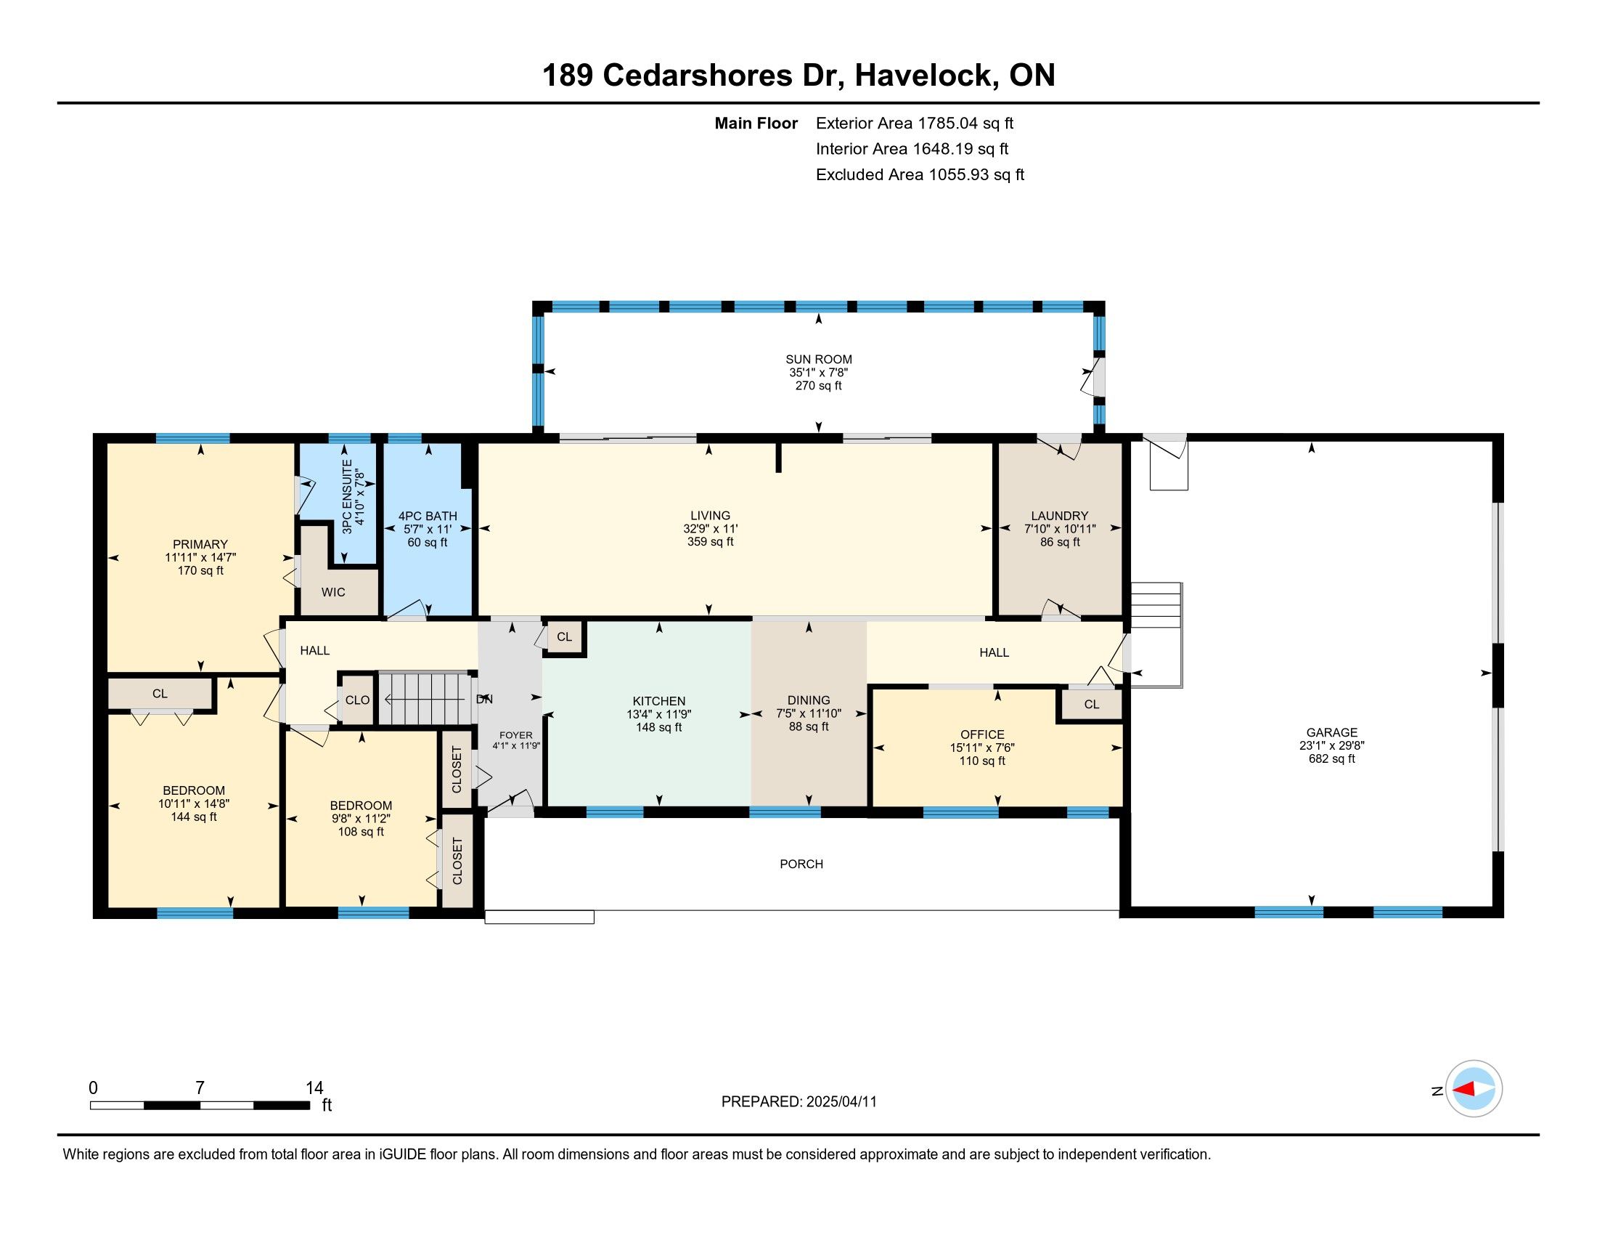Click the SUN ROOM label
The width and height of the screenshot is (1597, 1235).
tap(818, 359)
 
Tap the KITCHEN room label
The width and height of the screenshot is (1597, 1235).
tap(659, 701)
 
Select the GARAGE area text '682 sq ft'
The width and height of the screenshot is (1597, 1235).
tap(1331, 758)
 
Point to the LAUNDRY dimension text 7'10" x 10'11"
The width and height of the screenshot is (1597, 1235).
tap(1060, 529)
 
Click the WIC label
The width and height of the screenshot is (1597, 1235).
tap(333, 592)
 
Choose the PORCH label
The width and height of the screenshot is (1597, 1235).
tap(801, 864)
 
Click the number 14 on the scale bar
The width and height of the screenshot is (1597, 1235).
tap(314, 1088)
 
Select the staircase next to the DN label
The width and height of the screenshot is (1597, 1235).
tap(428, 699)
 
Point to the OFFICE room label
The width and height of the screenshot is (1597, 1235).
tap(982, 734)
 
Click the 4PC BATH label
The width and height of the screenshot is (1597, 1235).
tap(428, 516)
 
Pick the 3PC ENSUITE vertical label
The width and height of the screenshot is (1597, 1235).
tap(347, 496)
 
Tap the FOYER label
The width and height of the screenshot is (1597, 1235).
tap(515, 735)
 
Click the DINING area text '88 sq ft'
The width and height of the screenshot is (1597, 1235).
tap(809, 726)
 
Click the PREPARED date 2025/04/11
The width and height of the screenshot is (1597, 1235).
tap(841, 1102)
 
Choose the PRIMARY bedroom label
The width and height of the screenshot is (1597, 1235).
tap(200, 544)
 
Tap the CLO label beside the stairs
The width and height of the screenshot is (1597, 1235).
tap(358, 700)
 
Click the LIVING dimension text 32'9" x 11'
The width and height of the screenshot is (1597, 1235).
tap(710, 529)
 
